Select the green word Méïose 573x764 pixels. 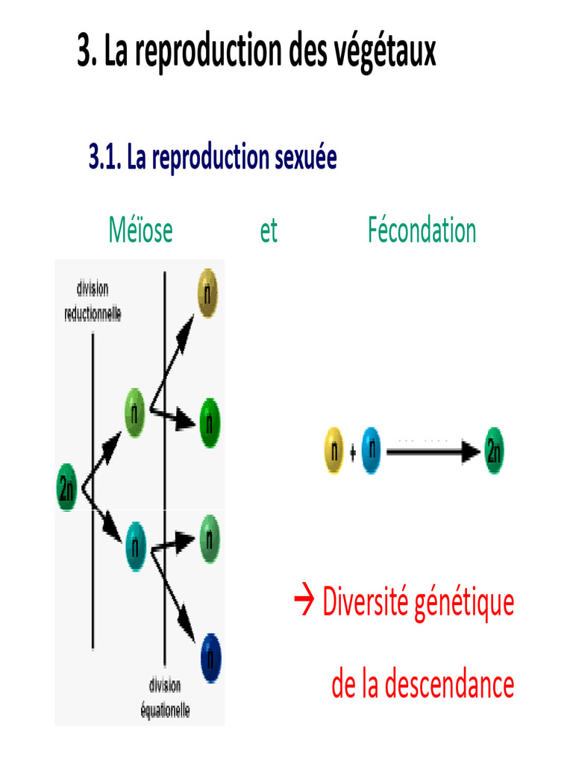[x=140, y=231]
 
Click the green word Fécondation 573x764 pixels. [x=422, y=231]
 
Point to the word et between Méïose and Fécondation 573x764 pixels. [x=269, y=231]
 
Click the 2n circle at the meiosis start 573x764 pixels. [x=67, y=488]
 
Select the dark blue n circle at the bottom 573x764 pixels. [x=211, y=656]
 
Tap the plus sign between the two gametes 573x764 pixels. [x=352, y=451]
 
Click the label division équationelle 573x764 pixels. [x=165, y=698]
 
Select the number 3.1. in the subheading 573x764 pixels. [x=105, y=157]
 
